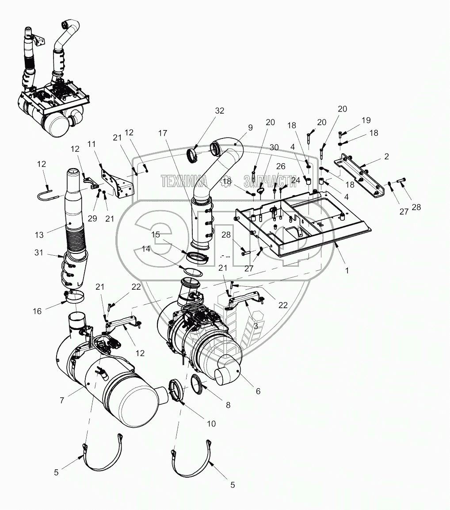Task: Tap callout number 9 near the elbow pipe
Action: [250, 128]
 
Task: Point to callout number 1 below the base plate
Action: [347, 270]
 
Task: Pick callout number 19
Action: [366, 120]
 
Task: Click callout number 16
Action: [37, 311]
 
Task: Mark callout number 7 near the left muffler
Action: [62, 400]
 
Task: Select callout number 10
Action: [211, 424]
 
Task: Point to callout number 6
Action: [258, 391]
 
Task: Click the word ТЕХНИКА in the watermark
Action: [183, 181]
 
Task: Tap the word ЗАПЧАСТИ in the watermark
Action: [270, 181]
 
